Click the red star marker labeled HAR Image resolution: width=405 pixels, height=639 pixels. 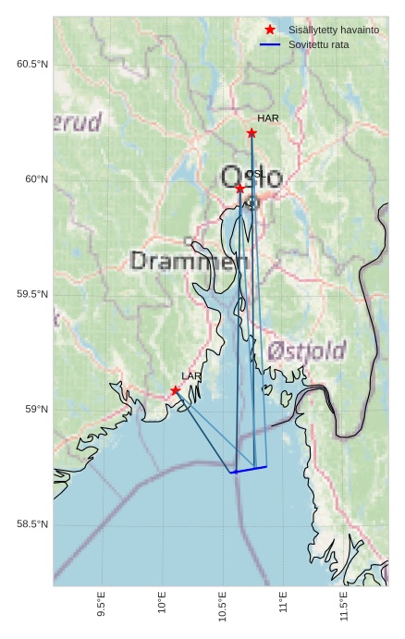coord(252,133)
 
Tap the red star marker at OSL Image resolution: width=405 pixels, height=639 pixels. coord(240,189)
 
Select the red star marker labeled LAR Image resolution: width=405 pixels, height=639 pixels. coord(175,390)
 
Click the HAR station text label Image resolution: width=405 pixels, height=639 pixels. coord(268,118)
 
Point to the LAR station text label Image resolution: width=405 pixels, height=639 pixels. coord(191,376)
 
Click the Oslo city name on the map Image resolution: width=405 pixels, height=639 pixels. coord(252,177)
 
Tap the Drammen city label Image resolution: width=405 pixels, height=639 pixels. coord(190,262)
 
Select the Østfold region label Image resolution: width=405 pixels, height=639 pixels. coord(307,351)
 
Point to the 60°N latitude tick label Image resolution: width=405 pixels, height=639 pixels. coord(37,179)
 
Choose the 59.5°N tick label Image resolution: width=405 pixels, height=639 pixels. coord(32,295)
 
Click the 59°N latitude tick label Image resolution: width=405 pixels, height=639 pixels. coord(37,410)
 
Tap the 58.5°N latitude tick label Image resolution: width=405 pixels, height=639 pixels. coord(32,525)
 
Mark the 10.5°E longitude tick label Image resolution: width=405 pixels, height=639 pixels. coord(222,608)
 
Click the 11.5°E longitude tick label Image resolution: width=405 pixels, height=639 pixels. coord(343,608)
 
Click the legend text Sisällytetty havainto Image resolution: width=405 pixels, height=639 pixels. coord(334,30)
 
